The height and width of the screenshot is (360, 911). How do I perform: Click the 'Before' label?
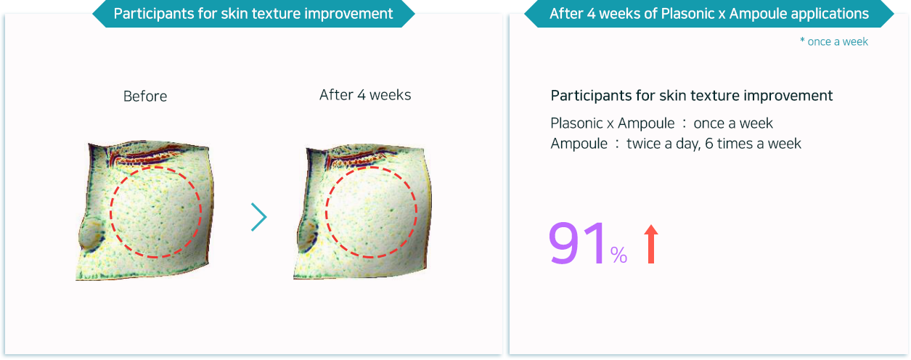point(145,97)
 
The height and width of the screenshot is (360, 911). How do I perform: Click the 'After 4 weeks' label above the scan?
point(365,95)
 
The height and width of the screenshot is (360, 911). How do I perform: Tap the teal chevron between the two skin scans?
point(258,217)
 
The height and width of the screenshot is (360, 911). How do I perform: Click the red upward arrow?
point(650,244)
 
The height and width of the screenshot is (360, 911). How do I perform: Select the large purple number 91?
point(576,243)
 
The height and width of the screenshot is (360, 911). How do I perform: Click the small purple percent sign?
point(618,255)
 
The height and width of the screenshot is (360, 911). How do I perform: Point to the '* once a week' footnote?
point(834,41)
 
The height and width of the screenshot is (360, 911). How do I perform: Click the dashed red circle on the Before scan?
point(110,212)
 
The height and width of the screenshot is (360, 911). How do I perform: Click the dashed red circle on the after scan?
point(325,212)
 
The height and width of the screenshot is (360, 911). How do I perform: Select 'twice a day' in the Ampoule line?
point(663,144)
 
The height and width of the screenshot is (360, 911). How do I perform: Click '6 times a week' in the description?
point(753,144)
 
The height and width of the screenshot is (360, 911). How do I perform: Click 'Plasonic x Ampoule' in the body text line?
point(613,123)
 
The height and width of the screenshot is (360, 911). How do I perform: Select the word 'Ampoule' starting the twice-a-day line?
point(579,144)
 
